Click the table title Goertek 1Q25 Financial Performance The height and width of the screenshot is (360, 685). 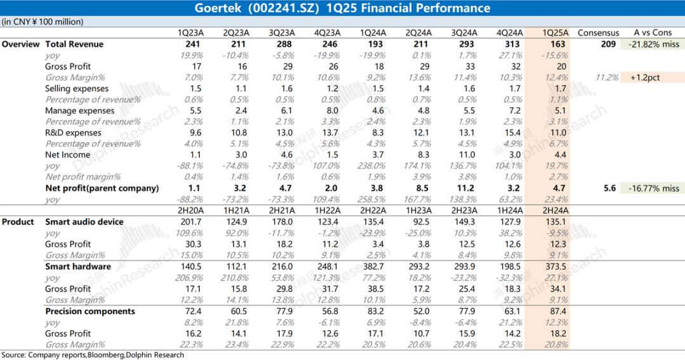(342, 8)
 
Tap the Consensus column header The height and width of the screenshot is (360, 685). (598, 33)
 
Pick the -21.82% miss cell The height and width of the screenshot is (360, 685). (654, 44)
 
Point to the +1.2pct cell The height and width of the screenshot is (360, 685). (654, 77)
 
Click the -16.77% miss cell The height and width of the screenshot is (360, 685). (654, 188)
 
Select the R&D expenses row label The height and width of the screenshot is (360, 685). (73, 133)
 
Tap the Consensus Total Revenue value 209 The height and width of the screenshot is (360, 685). (608, 44)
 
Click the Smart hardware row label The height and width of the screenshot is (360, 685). (78, 267)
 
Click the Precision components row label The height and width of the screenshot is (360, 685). (90, 311)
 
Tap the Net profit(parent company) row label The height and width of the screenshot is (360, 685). (102, 188)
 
